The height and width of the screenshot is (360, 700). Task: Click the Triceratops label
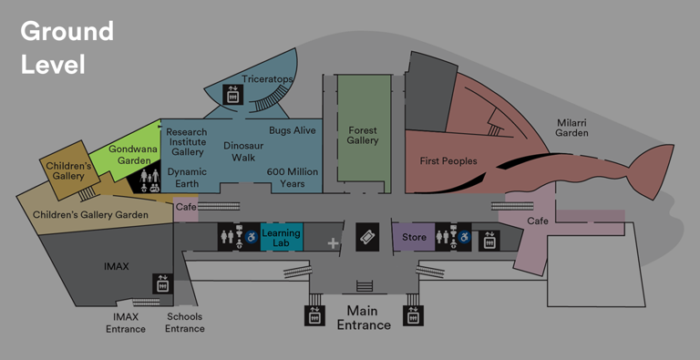(x=267, y=79)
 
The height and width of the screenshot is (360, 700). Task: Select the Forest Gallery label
(x=363, y=136)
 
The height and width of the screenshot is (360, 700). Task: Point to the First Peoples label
(x=448, y=161)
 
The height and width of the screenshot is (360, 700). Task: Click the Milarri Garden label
(x=572, y=127)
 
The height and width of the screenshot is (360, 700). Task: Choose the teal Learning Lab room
(x=281, y=238)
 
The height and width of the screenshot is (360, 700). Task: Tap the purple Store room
(x=414, y=238)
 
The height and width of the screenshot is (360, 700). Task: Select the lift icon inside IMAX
(x=162, y=283)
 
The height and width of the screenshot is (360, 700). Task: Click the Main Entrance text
(x=364, y=317)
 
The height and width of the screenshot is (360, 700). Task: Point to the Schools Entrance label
(x=184, y=323)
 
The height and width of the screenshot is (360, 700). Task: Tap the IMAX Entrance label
(x=126, y=323)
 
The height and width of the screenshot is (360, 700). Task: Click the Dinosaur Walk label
(x=243, y=151)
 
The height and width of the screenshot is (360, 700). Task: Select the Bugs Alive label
(x=292, y=131)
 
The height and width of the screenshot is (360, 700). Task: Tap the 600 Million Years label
(x=292, y=177)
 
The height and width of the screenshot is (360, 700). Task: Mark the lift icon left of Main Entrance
(x=313, y=315)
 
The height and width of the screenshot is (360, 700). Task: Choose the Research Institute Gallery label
(x=187, y=142)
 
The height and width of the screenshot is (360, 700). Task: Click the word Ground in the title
(x=67, y=31)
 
